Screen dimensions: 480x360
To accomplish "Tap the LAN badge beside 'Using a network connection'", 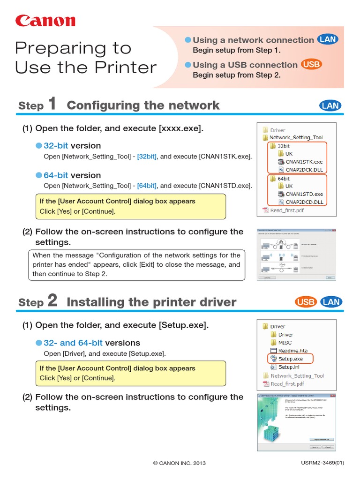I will point(328,40).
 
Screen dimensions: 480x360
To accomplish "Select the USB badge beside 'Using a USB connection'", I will point(312,65).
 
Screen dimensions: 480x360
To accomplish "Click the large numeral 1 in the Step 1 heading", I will point(52,104).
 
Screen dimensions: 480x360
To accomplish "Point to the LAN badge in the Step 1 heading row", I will point(330,105).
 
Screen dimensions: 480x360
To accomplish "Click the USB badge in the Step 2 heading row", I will point(306,302).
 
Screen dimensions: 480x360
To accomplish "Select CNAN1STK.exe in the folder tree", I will point(304,162).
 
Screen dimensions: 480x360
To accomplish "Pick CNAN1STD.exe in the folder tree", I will point(304,194).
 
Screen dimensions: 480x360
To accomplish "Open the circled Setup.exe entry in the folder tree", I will point(290,359).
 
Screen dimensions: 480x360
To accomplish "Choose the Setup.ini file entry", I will point(289,367).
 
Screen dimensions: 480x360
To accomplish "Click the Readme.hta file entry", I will point(293,351).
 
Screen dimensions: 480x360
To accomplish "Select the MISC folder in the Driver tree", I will point(285,343).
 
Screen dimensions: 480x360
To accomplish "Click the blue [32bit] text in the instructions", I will point(147,157).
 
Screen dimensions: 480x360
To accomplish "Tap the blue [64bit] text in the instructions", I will point(147,186).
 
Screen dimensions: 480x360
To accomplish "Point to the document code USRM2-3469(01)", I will point(322,463).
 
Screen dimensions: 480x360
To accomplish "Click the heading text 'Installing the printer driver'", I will point(151,302).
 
